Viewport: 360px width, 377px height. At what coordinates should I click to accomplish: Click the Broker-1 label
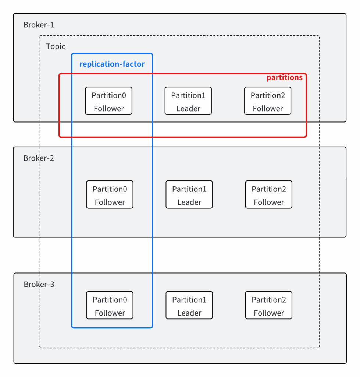tap(39, 25)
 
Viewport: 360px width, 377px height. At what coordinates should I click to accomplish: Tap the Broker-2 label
tap(39, 158)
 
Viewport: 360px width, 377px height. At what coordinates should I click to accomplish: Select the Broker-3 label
tap(39, 285)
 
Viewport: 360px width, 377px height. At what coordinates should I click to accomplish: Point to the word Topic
tap(56, 46)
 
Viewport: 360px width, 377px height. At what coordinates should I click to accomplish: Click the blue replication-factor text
tap(112, 64)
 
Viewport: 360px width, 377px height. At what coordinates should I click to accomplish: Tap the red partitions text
tap(284, 77)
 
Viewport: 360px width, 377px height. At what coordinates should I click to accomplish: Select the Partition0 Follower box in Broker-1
tap(109, 101)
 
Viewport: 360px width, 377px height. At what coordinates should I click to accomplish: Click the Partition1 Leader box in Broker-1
tap(188, 101)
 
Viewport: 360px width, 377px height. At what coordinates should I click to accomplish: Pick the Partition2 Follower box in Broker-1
tap(268, 101)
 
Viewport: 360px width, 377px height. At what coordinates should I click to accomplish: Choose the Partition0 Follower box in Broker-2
tap(110, 194)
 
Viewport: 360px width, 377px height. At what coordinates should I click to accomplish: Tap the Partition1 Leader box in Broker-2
tap(189, 194)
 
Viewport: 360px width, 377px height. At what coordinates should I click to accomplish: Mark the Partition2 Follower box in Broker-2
tap(269, 194)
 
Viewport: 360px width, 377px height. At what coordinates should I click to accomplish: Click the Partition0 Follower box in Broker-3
tap(110, 305)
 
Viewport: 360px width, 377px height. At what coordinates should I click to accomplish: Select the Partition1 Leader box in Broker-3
tap(189, 305)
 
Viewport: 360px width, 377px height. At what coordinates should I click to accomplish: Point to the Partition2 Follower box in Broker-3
tap(269, 305)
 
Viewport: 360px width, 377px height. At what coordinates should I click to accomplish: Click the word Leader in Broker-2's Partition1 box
tap(189, 202)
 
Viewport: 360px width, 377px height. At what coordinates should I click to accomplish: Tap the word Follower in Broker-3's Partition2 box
tap(269, 313)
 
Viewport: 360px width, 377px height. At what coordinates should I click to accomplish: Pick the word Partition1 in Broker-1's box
tap(188, 95)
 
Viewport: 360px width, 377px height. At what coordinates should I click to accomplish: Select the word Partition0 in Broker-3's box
tap(110, 300)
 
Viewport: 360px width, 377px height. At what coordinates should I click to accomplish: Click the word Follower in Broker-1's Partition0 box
tap(109, 109)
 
